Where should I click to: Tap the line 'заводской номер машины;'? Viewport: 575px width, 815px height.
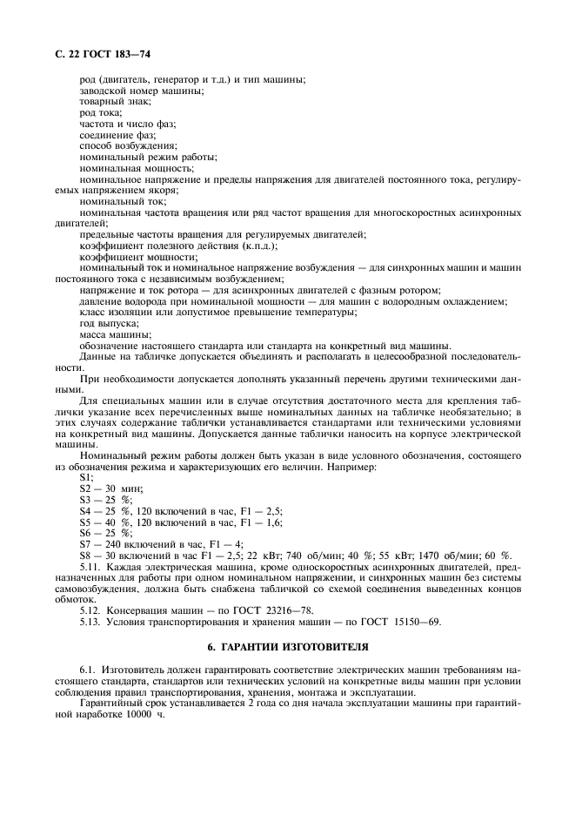pos(142,91)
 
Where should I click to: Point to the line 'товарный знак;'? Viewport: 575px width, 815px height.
pos(115,102)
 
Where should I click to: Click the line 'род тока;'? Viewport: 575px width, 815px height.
pos(101,113)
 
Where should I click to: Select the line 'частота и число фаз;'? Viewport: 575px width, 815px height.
pos(127,124)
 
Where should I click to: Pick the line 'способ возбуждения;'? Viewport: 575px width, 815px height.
pos(128,145)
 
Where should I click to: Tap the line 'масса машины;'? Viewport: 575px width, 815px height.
pos(115,334)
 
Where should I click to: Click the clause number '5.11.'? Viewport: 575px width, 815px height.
pos(91,567)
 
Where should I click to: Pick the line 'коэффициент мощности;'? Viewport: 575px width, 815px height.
pos(134,256)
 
